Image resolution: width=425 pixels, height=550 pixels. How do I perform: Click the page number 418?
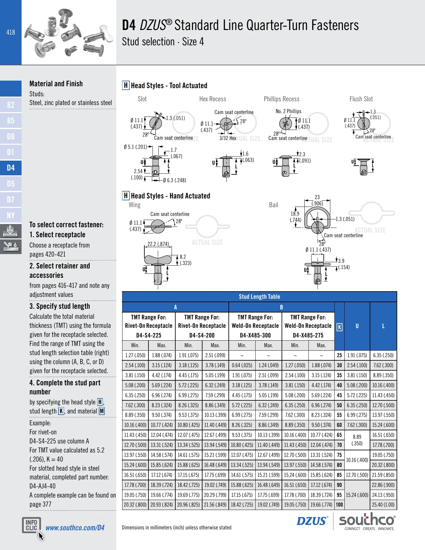11,32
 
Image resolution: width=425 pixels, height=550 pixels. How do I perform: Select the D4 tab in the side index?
11,168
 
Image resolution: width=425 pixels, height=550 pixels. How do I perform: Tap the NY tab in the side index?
11,216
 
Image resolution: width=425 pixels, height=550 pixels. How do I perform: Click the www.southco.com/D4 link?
75,528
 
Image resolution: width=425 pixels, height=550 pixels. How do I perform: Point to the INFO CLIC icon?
31,525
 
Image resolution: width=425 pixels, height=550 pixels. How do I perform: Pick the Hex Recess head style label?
212,99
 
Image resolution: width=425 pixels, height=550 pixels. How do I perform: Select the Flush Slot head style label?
361,99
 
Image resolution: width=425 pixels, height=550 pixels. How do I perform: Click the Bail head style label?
273,205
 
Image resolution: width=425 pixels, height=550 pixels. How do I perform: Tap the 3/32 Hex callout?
227,138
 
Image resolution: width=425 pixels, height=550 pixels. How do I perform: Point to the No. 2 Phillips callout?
288,111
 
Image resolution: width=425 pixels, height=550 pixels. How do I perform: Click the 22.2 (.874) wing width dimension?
158,244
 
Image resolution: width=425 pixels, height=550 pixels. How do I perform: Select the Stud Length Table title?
259,297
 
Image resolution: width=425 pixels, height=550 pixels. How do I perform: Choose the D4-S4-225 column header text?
149,335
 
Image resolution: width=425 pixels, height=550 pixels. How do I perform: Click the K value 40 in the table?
339,385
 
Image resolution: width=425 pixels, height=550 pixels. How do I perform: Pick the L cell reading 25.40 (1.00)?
383,504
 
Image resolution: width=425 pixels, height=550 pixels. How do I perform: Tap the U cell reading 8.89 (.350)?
357,440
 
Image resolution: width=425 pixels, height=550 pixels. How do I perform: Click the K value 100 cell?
339,504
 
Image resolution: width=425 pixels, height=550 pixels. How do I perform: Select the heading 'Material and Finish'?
56,84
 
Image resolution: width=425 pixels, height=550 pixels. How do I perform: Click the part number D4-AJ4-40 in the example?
42,486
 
